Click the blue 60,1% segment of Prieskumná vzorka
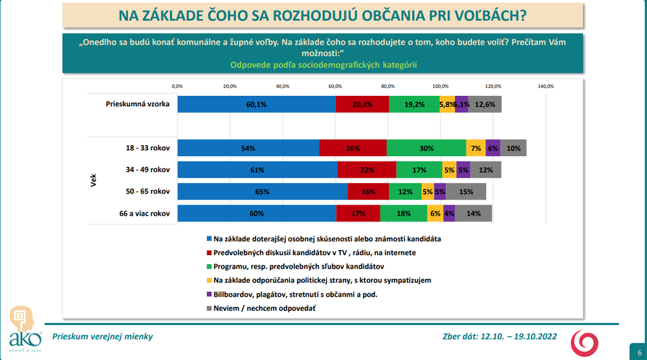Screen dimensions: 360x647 pyautogui.click(x=256, y=104)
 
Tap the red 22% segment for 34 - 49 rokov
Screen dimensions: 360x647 pyautogui.click(x=367, y=170)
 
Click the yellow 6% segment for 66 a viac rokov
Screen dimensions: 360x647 pyautogui.click(x=435, y=214)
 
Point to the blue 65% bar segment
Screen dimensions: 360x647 pyautogui.click(x=262, y=192)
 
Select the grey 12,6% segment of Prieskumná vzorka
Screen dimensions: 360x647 pyautogui.click(x=485, y=104)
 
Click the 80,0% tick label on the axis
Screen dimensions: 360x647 pyautogui.click(x=388, y=85)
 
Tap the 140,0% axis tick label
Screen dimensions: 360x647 pyautogui.click(x=545, y=85)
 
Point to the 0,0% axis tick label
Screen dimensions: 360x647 pyautogui.click(x=177, y=85)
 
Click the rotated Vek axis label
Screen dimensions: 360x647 pyautogui.click(x=93, y=181)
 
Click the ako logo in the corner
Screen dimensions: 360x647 pyautogui.click(x=25, y=330)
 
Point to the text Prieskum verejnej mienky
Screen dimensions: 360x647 pyautogui.click(x=102, y=337)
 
